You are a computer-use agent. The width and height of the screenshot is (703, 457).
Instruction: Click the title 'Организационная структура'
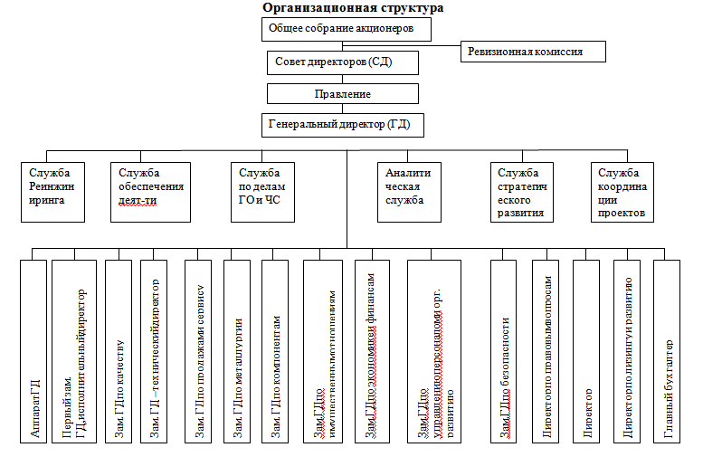(353, 8)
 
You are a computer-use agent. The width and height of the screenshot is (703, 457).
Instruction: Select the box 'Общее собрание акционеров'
(347, 29)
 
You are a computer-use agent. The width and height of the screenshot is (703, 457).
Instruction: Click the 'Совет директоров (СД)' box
(343, 62)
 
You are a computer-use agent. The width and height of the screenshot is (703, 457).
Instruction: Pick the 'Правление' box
(342, 94)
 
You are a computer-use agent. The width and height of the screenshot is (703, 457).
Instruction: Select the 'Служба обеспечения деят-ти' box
(151, 192)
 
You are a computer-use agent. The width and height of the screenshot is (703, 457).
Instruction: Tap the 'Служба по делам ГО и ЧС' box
(261, 192)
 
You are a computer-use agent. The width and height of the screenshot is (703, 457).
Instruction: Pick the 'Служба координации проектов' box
(622, 192)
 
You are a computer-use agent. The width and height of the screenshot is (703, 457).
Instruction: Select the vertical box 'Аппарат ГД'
(33, 351)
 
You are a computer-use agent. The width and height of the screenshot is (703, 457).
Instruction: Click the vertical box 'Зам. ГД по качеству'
(119, 351)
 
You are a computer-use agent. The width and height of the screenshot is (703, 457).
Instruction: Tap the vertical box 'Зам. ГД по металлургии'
(238, 351)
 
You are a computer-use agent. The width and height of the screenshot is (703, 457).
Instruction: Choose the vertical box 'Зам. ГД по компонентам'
(276, 351)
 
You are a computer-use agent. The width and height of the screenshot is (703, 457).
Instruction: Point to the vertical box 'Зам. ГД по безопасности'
(504, 351)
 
